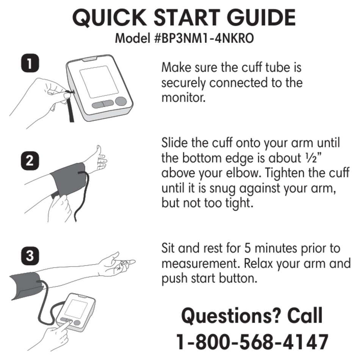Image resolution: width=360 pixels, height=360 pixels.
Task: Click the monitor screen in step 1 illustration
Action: [x=99, y=81]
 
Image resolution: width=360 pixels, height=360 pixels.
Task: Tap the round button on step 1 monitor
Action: [x=121, y=101]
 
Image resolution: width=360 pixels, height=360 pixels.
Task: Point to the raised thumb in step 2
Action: [x=99, y=151]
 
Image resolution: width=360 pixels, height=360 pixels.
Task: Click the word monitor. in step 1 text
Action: [x=183, y=98]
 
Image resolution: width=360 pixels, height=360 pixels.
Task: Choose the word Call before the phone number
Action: [x=305, y=315]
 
